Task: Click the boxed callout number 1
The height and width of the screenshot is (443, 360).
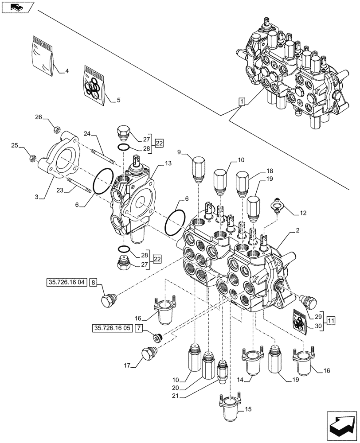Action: (241, 102)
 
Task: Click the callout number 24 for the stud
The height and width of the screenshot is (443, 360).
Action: (86, 133)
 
